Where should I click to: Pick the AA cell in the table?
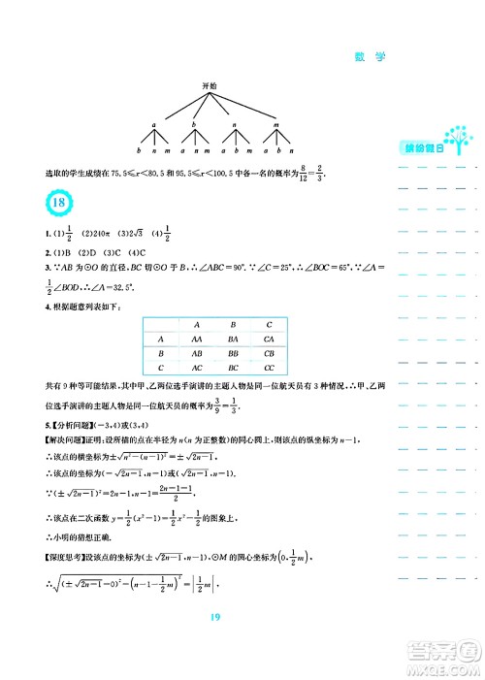pos(196,339)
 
